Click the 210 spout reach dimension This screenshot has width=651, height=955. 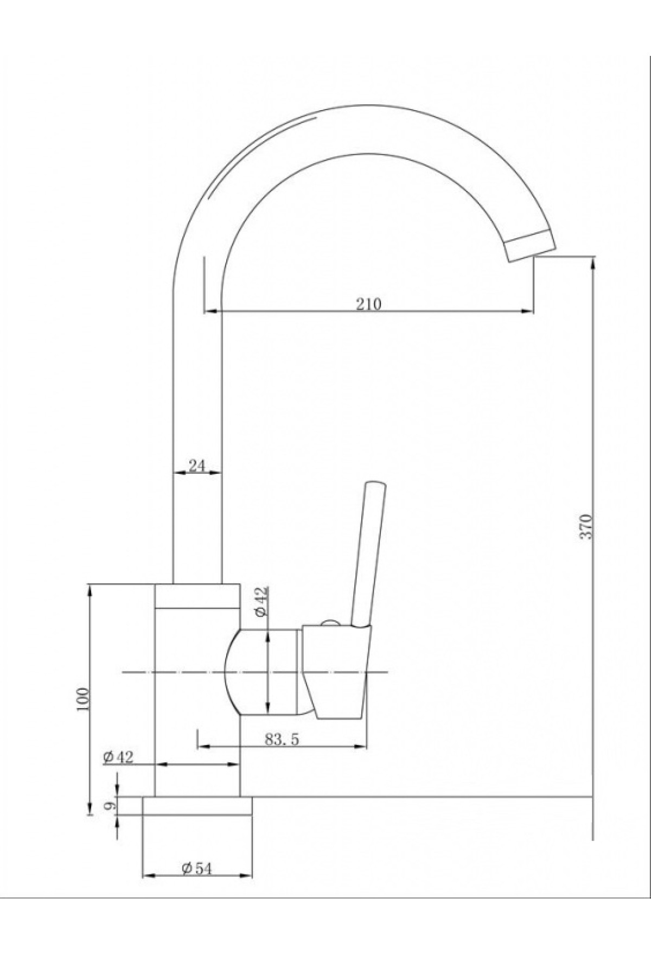[x=369, y=303]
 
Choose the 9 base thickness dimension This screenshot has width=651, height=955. [x=110, y=806]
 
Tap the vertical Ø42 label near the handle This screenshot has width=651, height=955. [x=261, y=601]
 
